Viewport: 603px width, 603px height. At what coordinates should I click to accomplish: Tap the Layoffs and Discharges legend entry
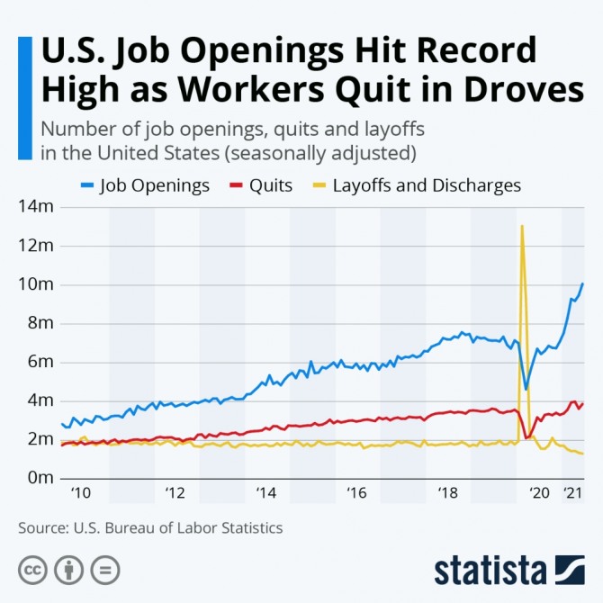(x=426, y=186)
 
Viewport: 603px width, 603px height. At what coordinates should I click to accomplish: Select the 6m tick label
(x=38, y=362)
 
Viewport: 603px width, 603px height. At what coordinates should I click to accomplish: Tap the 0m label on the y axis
(x=38, y=478)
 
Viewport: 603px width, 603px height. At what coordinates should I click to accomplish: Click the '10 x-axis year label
(x=80, y=493)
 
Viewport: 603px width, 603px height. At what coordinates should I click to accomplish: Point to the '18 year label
(x=448, y=493)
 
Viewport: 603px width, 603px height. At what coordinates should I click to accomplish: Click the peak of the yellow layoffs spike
(x=522, y=226)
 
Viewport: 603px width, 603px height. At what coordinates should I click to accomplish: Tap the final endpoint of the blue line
(x=582, y=284)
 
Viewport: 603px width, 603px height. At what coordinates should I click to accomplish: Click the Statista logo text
(x=490, y=571)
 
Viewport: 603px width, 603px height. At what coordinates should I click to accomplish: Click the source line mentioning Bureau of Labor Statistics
(x=150, y=528)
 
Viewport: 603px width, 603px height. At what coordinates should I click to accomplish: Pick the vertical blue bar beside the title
(x=24, y=97)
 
